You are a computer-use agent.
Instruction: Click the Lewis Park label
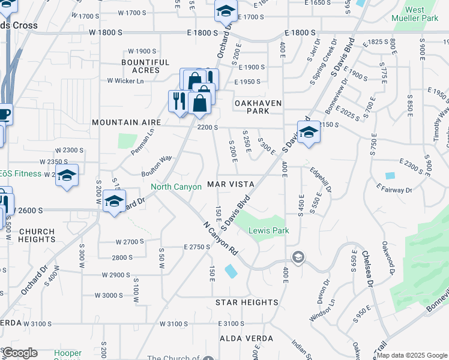[x=270, y=230]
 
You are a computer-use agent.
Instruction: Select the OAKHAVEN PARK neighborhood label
[x=258, y=107]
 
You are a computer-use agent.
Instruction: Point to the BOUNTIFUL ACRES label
[x=145, y=66]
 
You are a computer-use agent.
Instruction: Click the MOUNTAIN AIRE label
[x=126, y=122]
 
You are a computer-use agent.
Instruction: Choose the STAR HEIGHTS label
[x=247, y=302]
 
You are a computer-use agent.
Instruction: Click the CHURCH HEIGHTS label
[x=37, y=235]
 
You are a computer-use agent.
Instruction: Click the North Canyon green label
[x=176, y=187]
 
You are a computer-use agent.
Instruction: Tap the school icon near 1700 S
[x=226, y=11]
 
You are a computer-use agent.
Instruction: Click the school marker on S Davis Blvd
[x=309, y=133]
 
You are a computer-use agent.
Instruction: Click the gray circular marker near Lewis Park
[x=297, y=257]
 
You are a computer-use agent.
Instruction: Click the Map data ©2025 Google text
[x=412, y=355]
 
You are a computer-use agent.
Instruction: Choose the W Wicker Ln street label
[x=125, y=81]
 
